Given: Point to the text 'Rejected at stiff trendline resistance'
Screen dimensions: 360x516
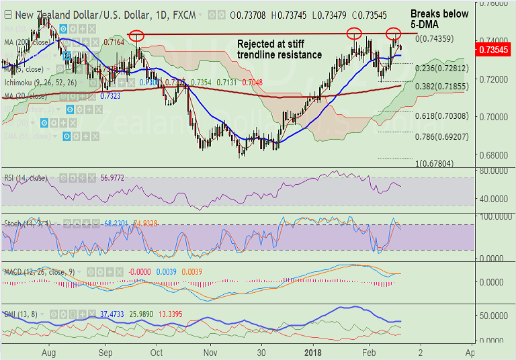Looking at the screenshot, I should (x=279, y=49).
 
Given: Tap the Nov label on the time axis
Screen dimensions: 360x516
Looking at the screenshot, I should (x=210, y=351).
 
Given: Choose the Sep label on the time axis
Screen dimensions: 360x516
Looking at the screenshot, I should (x=105, y=351).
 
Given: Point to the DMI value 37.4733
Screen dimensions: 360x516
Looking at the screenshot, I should (x=112, y=314).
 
